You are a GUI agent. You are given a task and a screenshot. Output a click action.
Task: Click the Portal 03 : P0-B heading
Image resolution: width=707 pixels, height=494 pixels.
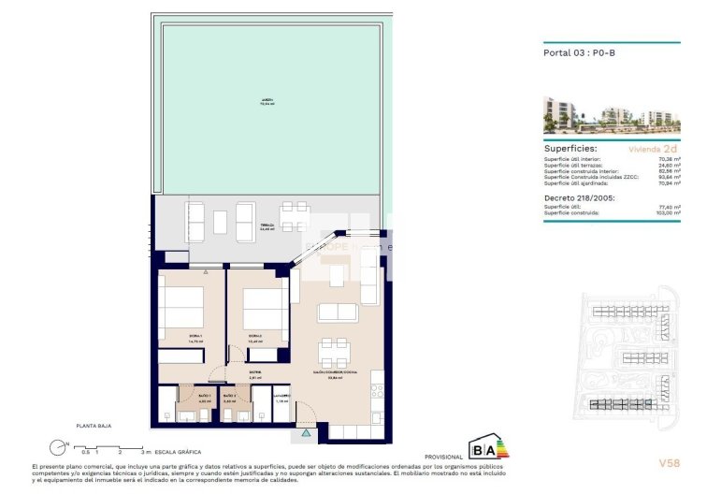pyautogui.click(x=579, y=53)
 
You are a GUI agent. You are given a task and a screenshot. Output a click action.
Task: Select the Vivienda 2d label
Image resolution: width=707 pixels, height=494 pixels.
pyautogui.click(x=649, y=149)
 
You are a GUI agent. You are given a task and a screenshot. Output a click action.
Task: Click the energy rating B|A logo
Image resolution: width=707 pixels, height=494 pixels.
pyautogui.click(x=488, y=446)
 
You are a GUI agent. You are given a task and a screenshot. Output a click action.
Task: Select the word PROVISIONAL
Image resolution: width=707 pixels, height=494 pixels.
pyautogui.click(x=443, y=457)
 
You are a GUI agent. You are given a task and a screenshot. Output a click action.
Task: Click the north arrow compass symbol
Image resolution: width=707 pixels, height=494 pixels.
pyautogui.click(x=61, y=446)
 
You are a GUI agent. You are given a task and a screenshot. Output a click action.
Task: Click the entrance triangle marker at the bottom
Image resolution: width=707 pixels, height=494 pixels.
pyautogui.click(x=306, y=434)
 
